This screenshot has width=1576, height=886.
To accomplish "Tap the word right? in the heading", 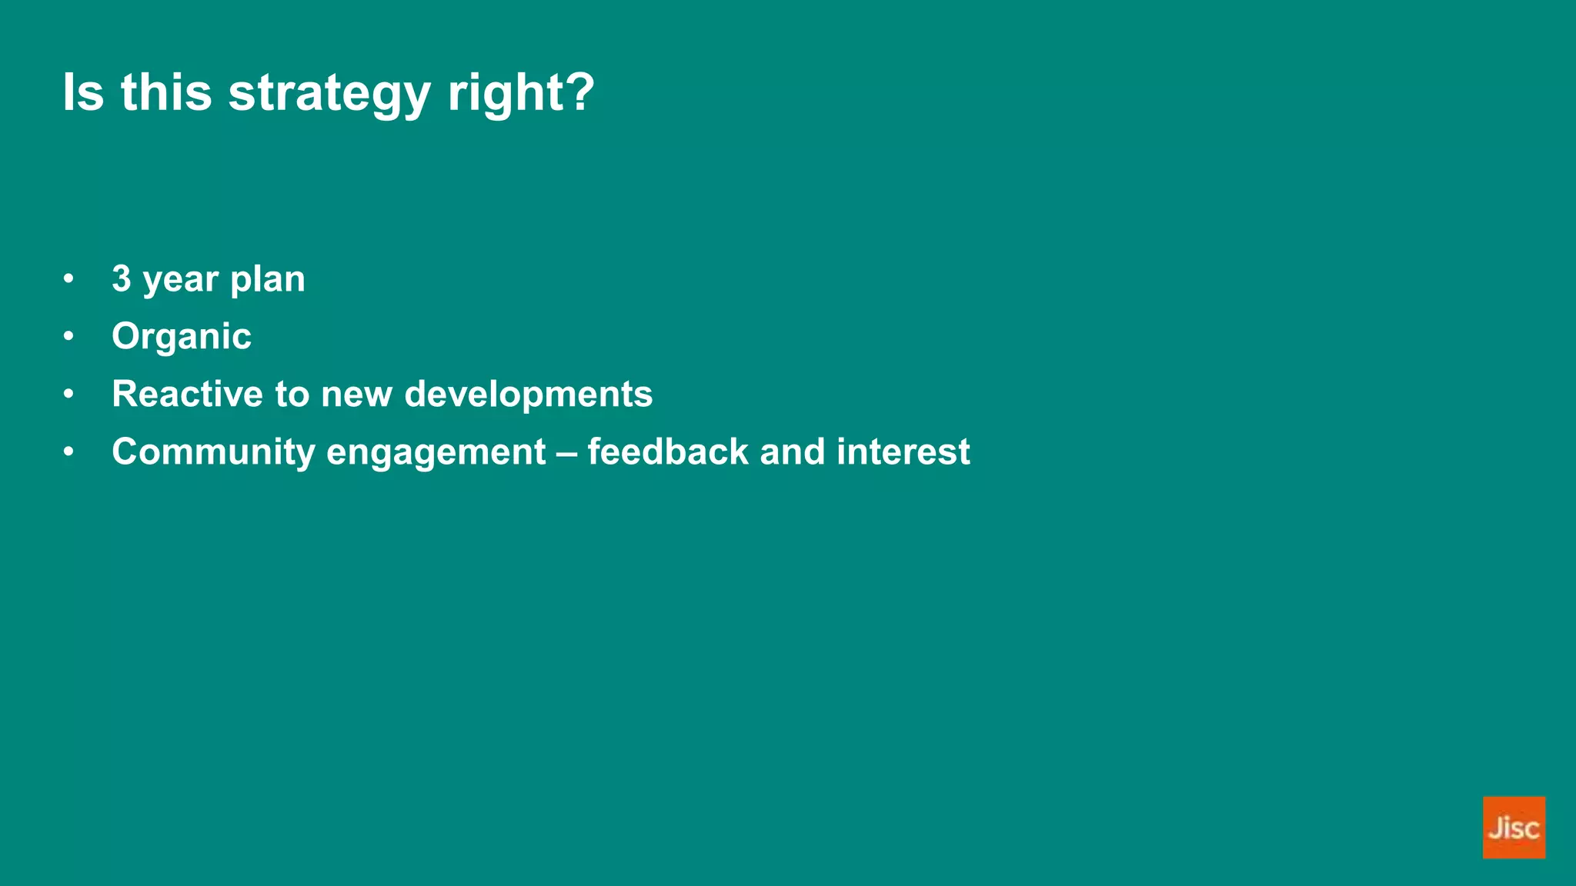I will tap(521, 94).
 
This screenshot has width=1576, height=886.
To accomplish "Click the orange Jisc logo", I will tap(1513, 827).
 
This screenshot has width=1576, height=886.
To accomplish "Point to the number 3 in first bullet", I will tap(122, 278).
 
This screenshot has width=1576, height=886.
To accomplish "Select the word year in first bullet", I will tap(180, 280).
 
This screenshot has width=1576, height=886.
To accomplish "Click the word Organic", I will tap(182, 337).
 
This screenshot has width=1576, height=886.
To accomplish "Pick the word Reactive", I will tap(188, 394).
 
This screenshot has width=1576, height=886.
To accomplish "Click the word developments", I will tap(528, 394).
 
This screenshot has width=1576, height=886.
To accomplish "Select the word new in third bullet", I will tap(356, 394).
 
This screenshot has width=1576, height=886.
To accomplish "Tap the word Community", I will tap(213, 452).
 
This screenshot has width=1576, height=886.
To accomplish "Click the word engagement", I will tap(436, 452).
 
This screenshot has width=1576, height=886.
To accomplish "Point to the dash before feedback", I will tap(566, 452).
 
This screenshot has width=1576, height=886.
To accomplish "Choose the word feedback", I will tap(667, 451).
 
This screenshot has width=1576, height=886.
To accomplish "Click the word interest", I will tap(903, 451).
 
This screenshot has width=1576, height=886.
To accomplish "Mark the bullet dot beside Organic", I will tap(69, 337).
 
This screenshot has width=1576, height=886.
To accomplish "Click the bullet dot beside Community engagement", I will tap(69, 452).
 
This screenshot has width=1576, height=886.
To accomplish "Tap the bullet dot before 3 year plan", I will tap(69, 279).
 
